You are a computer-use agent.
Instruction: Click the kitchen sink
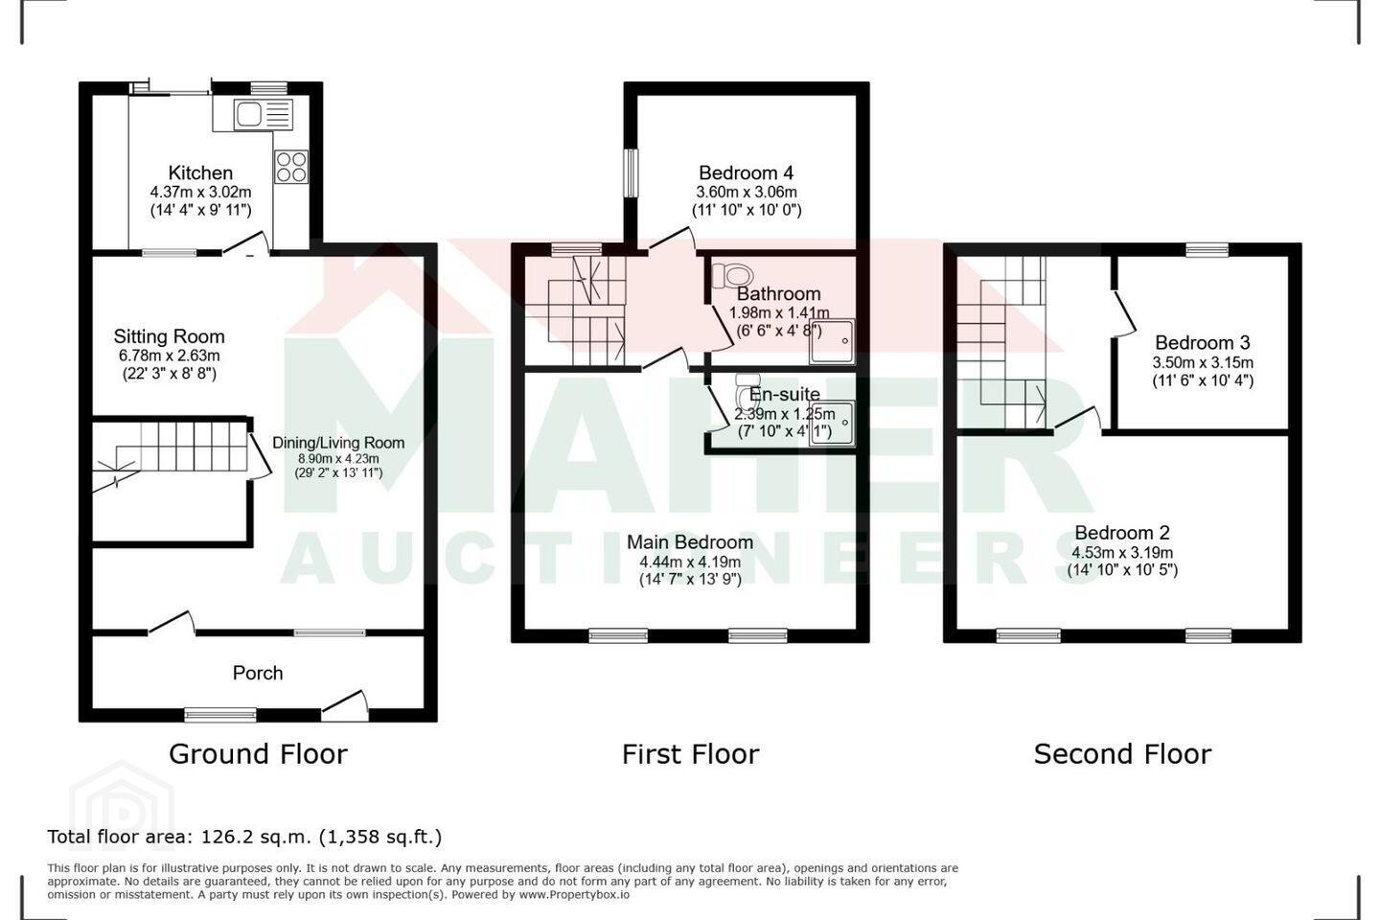click(x=263, y=115)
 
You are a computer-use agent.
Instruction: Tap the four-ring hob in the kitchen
click(x=291, y=167)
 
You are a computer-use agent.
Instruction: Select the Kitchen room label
click(x=200, y=172)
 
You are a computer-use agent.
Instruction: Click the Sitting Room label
click(x=169, y=336)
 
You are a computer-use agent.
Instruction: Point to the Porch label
click(x=258, y=673)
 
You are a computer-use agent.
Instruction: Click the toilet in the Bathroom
click(x=732, y=275)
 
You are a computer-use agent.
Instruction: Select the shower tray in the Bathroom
click(x=832, y=341)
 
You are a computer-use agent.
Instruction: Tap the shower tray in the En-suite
click(x=832, y=423)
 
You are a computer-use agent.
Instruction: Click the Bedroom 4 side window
click(x=631, y=172)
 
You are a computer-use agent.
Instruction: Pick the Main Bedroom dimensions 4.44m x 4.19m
click(x=690, y=562)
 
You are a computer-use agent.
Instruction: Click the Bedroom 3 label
click(x=1202, y=343)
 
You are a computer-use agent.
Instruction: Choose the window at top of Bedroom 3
click(x=1207, y=249)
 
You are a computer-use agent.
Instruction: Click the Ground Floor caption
click(x=258, y=754)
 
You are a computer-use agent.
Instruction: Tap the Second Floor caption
click(x=1122, y=754)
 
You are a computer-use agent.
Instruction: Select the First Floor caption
click(x=691, y=754)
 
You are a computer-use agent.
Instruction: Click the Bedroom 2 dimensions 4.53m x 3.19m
click(x=1122, y=553)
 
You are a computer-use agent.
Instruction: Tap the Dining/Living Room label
click(x=338, y=443)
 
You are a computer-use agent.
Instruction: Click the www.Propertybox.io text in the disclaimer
click(x=573, y=895)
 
